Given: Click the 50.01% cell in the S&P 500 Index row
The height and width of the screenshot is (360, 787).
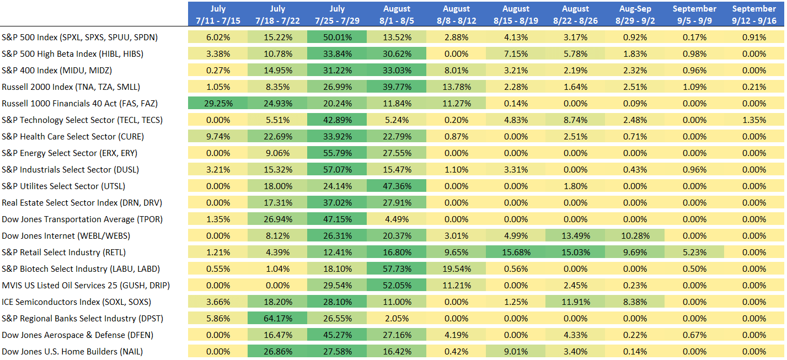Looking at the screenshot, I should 336,37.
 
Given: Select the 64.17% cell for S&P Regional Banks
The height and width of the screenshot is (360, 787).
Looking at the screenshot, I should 277,319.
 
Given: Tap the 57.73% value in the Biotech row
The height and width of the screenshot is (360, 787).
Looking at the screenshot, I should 396,269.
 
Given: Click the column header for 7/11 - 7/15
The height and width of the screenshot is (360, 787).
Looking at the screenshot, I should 218,14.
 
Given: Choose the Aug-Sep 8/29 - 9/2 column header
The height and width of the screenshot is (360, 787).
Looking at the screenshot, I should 634,14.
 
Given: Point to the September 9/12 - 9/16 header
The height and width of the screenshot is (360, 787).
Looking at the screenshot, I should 753,14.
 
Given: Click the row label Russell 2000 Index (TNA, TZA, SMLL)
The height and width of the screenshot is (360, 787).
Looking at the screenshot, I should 71,87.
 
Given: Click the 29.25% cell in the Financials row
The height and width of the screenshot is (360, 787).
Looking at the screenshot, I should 218,104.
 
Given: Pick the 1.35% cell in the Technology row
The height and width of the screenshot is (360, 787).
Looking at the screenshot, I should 753,120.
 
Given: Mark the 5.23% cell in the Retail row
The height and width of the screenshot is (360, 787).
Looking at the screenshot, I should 694,252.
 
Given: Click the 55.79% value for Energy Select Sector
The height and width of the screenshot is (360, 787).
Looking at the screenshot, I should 336,153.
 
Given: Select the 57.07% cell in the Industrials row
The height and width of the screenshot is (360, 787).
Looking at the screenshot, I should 336,170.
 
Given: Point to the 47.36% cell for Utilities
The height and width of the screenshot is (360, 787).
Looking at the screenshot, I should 396,186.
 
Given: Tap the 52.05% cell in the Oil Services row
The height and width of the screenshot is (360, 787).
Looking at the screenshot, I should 396,286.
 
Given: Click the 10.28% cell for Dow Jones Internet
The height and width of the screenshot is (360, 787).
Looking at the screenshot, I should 634,236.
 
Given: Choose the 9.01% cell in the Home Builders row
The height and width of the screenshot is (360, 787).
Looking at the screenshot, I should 515,352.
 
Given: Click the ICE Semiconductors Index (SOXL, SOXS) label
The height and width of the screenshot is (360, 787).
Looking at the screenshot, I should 76,302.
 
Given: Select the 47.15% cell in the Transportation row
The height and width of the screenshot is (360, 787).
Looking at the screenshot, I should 336,219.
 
